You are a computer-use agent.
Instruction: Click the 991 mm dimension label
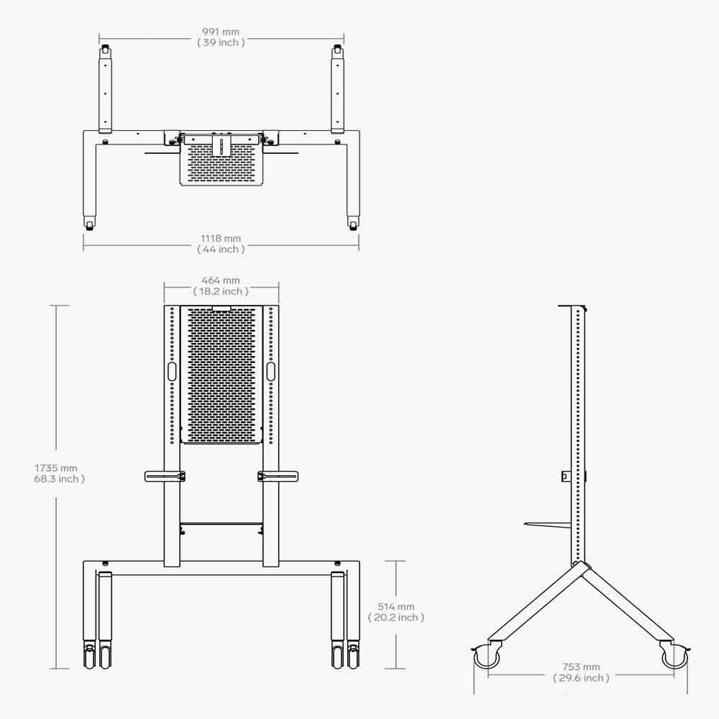click(x=221, y=32)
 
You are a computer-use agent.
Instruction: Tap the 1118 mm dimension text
click(x=221, y=238)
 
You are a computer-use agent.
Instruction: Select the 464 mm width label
click(x=221, y=280)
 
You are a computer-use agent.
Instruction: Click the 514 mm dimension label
click(x=396, y=607)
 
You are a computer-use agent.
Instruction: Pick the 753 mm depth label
click(x=581, y=667)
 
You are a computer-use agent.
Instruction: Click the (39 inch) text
click(x=221, y=42)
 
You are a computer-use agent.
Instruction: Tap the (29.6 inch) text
click(x=581, y=678)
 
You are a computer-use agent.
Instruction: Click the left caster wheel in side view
click(x=487, y=656)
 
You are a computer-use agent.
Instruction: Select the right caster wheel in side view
click(x=675, y=656)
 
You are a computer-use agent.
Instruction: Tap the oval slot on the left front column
click(x=172, y=371)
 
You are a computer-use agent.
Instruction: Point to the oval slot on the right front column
click(x=270, y=371)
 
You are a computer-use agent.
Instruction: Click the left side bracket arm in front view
click(x=165, y=475)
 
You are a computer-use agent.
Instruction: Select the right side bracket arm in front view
click(x=278, y=475)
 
